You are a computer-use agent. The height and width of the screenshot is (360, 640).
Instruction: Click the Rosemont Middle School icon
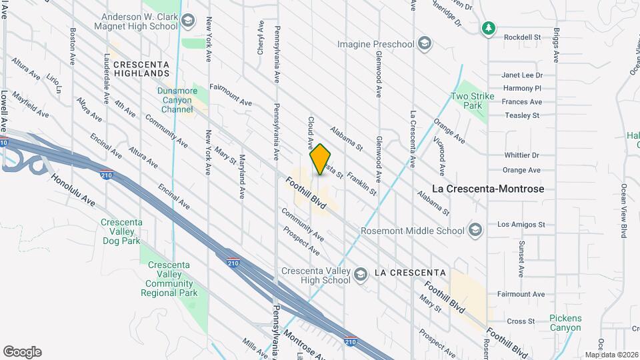[475, 231]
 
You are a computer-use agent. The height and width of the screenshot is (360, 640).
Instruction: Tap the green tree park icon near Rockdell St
[489, 28]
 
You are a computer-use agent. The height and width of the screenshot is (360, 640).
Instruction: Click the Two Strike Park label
[473, 101]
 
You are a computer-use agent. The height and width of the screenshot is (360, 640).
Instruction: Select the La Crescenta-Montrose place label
[488, 189]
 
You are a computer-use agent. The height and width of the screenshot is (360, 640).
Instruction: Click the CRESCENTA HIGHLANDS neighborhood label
[141, 68]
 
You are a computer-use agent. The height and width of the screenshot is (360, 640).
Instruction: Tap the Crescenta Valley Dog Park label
[121, 232]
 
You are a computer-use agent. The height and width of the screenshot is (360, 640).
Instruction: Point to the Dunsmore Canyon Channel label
[177, 100]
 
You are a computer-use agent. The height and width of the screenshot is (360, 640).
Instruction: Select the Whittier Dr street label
[521, 155]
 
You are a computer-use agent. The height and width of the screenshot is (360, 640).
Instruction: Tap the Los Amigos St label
[521, 225]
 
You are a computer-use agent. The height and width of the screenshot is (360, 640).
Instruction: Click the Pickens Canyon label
[565, 323]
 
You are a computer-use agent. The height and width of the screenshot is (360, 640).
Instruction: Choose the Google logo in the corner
[22, 352]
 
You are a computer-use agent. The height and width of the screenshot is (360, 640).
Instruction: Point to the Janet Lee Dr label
[522, 75]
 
